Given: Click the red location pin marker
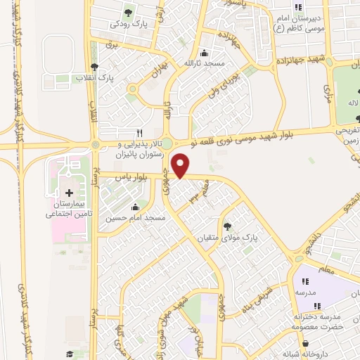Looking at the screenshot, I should [181, 167].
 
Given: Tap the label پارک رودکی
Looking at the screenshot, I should [129, 23].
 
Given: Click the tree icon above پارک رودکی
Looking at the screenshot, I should [129, 13].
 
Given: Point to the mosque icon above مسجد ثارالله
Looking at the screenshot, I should [205, 53].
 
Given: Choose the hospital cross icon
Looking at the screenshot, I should [69, 193].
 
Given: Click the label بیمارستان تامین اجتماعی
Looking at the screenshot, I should [68, 209].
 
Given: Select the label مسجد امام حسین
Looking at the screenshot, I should [136, 218].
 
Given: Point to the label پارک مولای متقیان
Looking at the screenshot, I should [227, 238].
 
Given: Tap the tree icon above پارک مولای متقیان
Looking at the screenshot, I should [227, 226].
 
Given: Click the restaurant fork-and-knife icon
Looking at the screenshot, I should [139, 132].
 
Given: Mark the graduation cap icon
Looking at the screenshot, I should [70, 354].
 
